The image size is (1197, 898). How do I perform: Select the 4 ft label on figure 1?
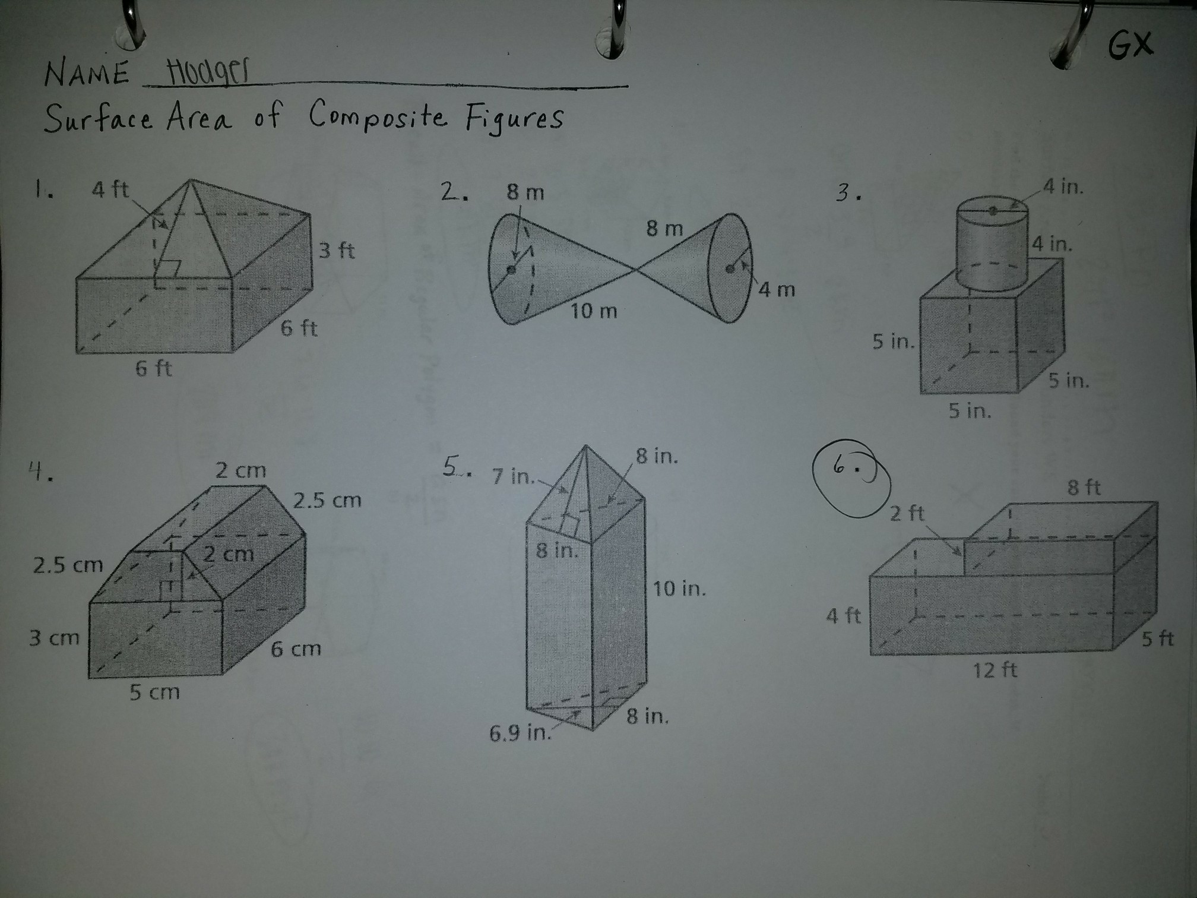tap(110, 189)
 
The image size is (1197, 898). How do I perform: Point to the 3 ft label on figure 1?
tap(337, 251)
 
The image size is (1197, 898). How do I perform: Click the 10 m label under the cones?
tap(594, 311)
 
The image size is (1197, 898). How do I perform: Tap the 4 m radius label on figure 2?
tap(777, 290)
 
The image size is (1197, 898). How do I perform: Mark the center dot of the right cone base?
tap(730, 268)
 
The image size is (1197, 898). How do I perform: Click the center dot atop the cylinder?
tap(992, 210)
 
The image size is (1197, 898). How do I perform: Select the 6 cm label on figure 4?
tap(296, 649)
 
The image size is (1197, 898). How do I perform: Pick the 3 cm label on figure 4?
tap(54, 638)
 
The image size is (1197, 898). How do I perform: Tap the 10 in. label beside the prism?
tap(679, 589)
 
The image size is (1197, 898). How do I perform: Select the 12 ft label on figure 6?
tap(995, 671)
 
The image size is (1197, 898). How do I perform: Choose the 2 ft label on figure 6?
tap(907, 513)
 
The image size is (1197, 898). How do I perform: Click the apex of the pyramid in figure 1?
tap(191, 180)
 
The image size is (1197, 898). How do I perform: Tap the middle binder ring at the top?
tap(617, 27)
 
